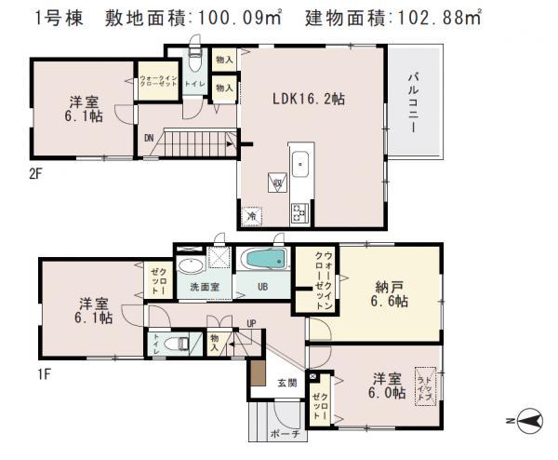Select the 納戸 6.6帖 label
(x=387, y=293)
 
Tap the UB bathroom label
(x=263, y=288)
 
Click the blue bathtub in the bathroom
(x=266, y=258)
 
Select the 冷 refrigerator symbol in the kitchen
(x=251, y=216)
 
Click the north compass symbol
(x=528, y=422)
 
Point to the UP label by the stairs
(x=251, y=324)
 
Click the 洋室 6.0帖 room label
(x=387, y=386)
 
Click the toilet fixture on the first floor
(x=173, y=344)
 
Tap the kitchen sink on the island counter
(x=302, y=167)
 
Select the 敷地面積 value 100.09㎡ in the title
(x=246, y=17)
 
